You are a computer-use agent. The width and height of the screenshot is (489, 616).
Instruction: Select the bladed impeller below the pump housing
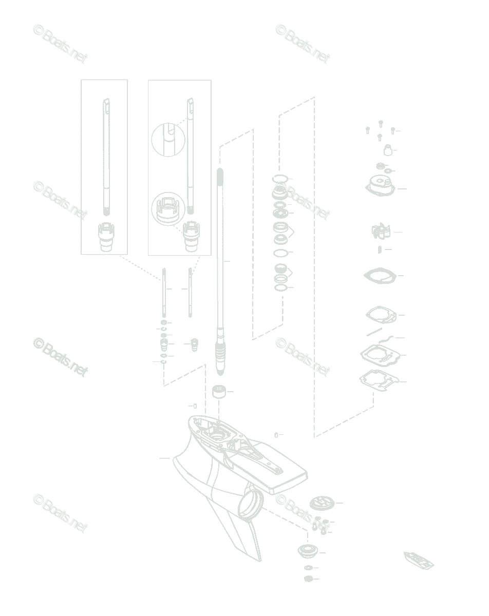coord(381,232)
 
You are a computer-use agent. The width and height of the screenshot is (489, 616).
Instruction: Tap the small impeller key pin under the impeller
coord(379,249)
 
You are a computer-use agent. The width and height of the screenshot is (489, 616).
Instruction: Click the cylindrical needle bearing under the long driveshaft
coord(219,393)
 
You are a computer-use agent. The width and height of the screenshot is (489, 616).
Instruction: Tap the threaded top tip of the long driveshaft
coord(220,175)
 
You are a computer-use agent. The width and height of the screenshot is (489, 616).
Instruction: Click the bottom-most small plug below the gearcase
coord(308,579)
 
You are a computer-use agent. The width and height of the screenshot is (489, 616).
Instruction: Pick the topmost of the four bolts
coord(380,123)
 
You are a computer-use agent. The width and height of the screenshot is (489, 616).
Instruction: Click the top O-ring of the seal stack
coord(280,179)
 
